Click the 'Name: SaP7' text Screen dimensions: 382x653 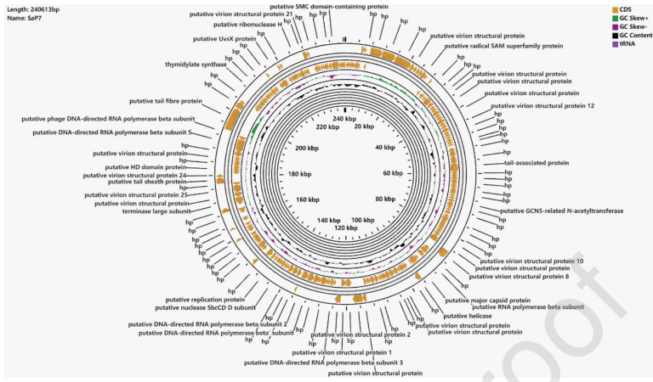[x=21, y=19]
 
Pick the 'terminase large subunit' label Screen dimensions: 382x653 [x=150, y=211]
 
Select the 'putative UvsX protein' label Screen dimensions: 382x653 [x=224, y=38]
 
